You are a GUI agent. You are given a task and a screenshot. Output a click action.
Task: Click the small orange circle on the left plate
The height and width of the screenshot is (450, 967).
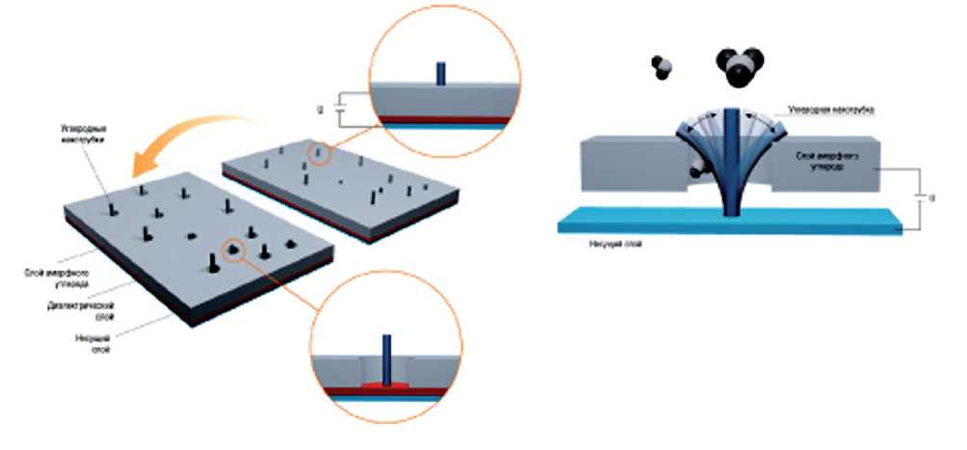tap(233, 251)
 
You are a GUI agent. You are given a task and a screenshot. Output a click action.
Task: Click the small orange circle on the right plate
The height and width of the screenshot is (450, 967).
tap(320, 153)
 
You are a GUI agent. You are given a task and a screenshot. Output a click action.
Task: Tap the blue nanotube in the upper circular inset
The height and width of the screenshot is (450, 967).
tap(440, 73)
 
